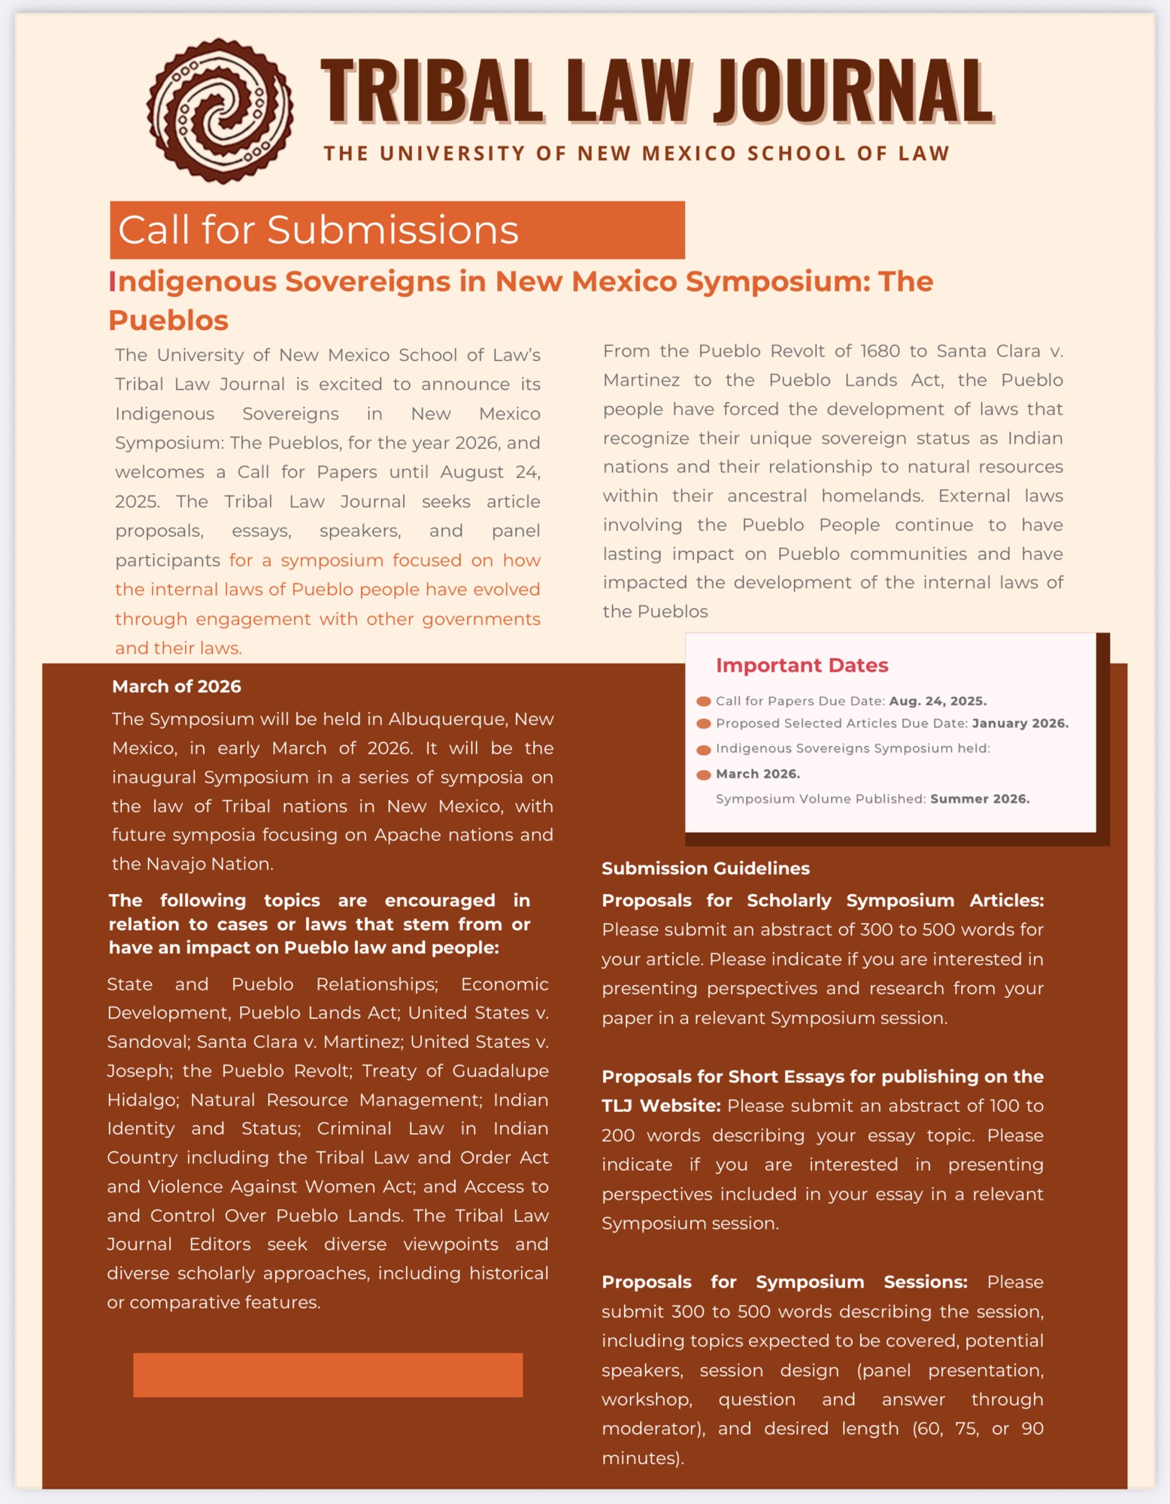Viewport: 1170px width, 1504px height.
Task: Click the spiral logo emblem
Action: (220, 111)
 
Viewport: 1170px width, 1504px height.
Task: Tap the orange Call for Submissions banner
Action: (397, 230)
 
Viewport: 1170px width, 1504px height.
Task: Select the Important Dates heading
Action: (802, 666)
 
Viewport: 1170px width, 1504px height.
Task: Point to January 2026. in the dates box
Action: (1020, 723)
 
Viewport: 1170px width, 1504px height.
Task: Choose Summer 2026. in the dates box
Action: (980, 799)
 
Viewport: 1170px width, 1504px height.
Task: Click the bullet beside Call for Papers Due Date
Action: (704, 702)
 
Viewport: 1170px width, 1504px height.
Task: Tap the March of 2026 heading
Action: (177, 687)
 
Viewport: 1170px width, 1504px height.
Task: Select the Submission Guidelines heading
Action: (705, 869)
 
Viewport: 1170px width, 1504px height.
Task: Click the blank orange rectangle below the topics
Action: (328, 1375)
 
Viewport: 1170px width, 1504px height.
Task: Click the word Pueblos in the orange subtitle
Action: (168, 320)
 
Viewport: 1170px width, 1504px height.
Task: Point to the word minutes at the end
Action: (641, 1458)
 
